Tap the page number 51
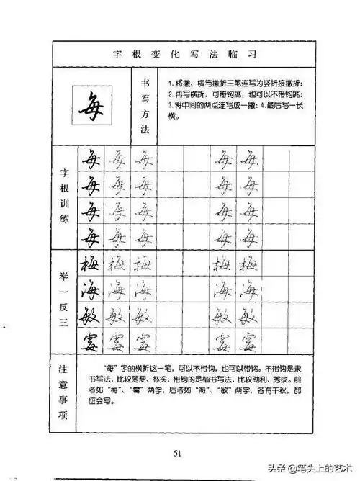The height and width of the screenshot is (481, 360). point(179,453)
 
